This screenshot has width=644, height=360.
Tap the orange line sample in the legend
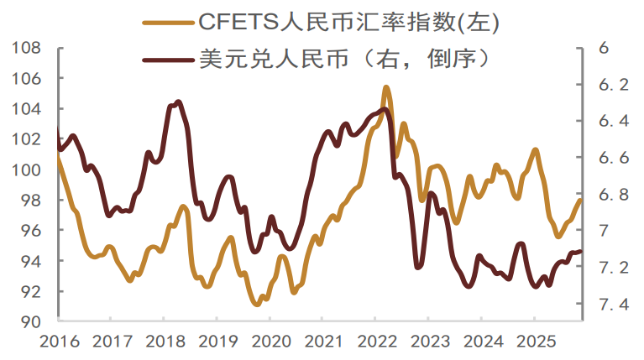click(167, 23)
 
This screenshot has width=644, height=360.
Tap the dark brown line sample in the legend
click(167, 60)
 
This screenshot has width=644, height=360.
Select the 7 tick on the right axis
click(604, 231)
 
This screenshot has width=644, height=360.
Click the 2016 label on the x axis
click(60, 342)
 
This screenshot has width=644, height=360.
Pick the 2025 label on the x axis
click(536, 342)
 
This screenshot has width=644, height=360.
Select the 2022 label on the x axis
click(377, 342)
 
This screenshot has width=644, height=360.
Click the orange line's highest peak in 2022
click(386, 86)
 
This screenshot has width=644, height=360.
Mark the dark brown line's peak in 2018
click(178, 102)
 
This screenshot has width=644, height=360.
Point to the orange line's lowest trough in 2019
click(257, 305)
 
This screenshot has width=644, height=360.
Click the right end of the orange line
click(580, 200)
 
